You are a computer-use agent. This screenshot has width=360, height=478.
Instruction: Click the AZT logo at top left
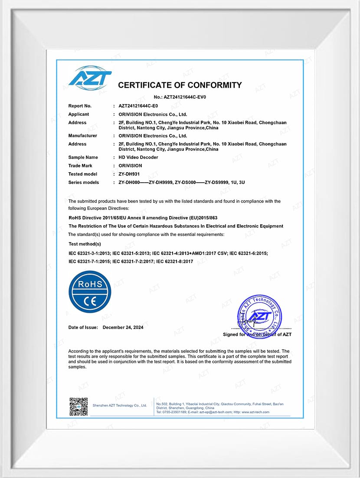pyautogui.click(x=90, y=79)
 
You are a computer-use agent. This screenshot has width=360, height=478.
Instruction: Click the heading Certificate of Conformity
pyautogui.click(x=180, y=85)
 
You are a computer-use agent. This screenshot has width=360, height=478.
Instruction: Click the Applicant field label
pyautogui.click(x=79, y=115)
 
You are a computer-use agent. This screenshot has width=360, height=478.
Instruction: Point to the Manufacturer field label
pyautogui.click(x=82, y=136)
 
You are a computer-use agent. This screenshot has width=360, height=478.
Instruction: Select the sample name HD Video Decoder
pyautogui.click(x=138, y=157)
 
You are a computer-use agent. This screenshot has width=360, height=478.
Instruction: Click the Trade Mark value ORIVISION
pyautogui.click(x=130, y=166)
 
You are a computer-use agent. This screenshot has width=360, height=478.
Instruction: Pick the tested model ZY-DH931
pyautogui.click(x=129, y=174)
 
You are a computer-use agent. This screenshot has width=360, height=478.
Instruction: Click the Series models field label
pyautogui.click(x=84, y=183)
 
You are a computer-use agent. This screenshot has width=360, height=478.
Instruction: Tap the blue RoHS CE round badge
pyautogui.click(x=90, y=291)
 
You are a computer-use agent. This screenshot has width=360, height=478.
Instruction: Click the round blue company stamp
pyautogui.click(x=259, y=316)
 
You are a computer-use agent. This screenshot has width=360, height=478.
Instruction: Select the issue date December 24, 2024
pyautogui.click(x=123, y=327)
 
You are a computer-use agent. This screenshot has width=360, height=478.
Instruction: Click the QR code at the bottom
pyautogui.click(x=79, y=406)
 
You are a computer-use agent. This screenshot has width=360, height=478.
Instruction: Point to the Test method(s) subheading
pyautogui.click(x=85, y=244)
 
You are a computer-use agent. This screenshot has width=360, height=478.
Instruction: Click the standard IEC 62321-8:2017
pyautogui.click(x=174, y=262)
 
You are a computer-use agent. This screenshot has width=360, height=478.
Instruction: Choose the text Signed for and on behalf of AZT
pyautogui.click(x=257, y=334)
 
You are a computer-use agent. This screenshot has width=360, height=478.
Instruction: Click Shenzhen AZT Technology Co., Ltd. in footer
pyautogui.click(x=120, y=406)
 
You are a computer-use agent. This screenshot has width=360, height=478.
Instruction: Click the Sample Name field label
pyautogui.click(x=83, y=157)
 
